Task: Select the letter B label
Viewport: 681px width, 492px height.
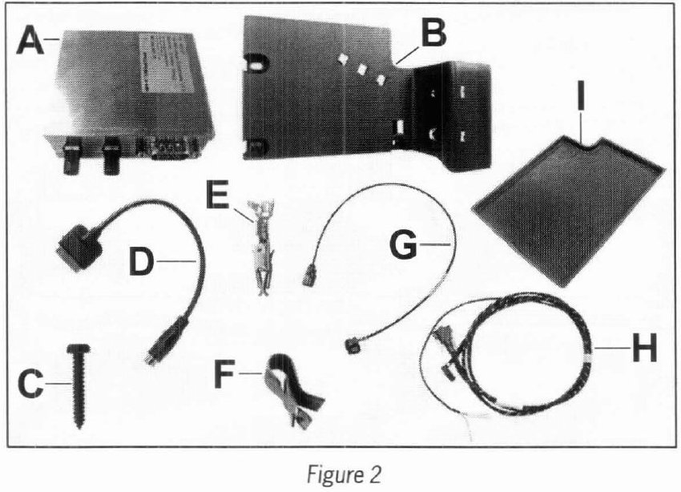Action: coord(433,33)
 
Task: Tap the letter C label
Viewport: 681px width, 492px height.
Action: coord(30,385)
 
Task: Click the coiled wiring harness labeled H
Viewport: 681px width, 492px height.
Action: coord(513,353)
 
